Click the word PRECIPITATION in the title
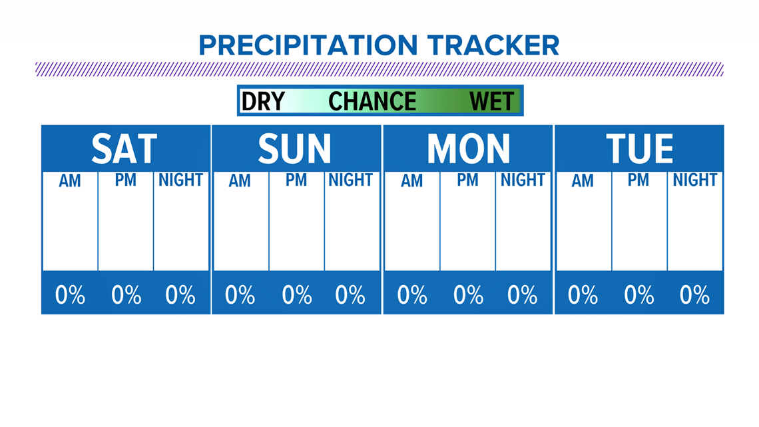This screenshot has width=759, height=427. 308,45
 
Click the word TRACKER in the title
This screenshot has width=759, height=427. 493,45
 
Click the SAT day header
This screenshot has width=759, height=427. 125,149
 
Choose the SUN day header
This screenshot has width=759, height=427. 294,149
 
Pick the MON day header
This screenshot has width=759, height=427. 468,149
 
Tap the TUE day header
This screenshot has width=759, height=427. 639,149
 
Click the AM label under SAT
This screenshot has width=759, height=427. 70,181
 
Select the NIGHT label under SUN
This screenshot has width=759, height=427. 351,180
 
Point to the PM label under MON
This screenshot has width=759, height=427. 467,180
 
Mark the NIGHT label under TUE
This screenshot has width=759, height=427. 694,180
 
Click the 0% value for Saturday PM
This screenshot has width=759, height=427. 126,295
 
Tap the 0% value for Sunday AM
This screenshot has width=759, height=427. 240,295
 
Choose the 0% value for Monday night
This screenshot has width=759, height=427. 522,295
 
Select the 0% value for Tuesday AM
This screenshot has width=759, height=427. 583,295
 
